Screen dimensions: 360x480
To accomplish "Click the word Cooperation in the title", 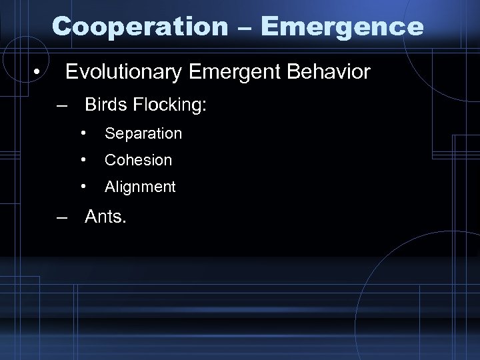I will [140, 27].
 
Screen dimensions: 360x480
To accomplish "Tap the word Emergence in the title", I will [343, 27].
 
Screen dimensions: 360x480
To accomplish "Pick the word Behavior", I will [328, 72].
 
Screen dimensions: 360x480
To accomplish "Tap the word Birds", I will [107, 105].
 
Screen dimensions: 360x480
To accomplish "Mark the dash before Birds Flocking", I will [62, 106].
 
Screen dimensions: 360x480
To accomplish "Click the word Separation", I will [143, 133].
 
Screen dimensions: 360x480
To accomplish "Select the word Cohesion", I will [138, 160].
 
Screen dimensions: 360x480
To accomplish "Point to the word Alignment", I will [140, 187].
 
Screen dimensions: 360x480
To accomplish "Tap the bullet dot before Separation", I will [83, 133].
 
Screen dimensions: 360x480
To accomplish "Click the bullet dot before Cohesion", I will [83, 160].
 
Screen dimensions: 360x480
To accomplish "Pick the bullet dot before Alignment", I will [83, 187].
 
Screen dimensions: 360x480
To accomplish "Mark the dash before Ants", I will [62, 218].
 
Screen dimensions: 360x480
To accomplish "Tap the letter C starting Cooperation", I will [61, 27].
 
